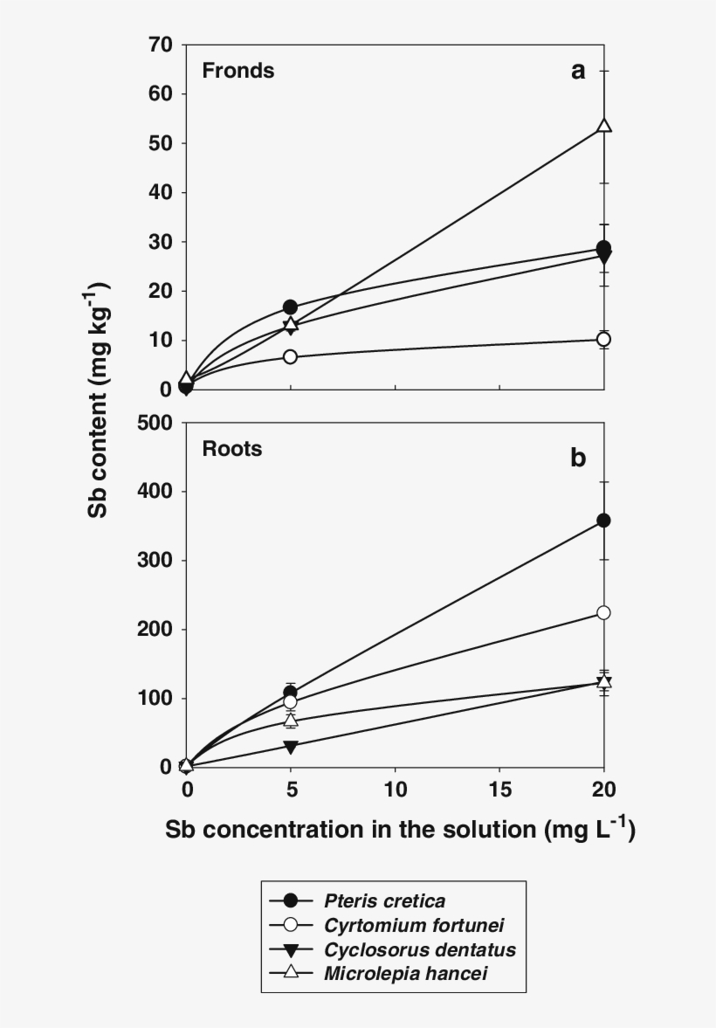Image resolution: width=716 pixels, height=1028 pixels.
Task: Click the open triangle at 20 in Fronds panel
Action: pos(603,126)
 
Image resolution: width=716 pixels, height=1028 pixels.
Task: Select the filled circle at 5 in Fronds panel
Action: pos(290,307)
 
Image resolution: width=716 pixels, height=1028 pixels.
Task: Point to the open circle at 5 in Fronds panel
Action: pos(290,356)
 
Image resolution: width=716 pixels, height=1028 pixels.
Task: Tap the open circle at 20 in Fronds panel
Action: pos(603,339)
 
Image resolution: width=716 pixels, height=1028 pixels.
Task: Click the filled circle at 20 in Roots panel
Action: pos(603,521)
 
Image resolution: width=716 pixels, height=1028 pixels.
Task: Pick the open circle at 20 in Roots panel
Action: pos(603,612)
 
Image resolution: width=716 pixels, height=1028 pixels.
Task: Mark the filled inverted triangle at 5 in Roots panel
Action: pos(290,747)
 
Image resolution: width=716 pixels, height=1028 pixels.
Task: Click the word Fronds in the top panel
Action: pos(238,71)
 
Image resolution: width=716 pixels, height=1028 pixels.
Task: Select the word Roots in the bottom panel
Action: pos(232,450)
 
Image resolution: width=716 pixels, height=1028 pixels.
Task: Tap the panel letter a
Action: pos(578,72)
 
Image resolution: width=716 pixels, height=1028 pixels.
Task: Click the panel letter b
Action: pos(578,458)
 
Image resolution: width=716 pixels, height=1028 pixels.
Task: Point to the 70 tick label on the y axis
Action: pos(160,44)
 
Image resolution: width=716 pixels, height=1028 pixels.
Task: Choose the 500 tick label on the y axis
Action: pos(155,423)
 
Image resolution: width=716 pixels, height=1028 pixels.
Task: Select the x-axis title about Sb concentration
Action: pos(401,831)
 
